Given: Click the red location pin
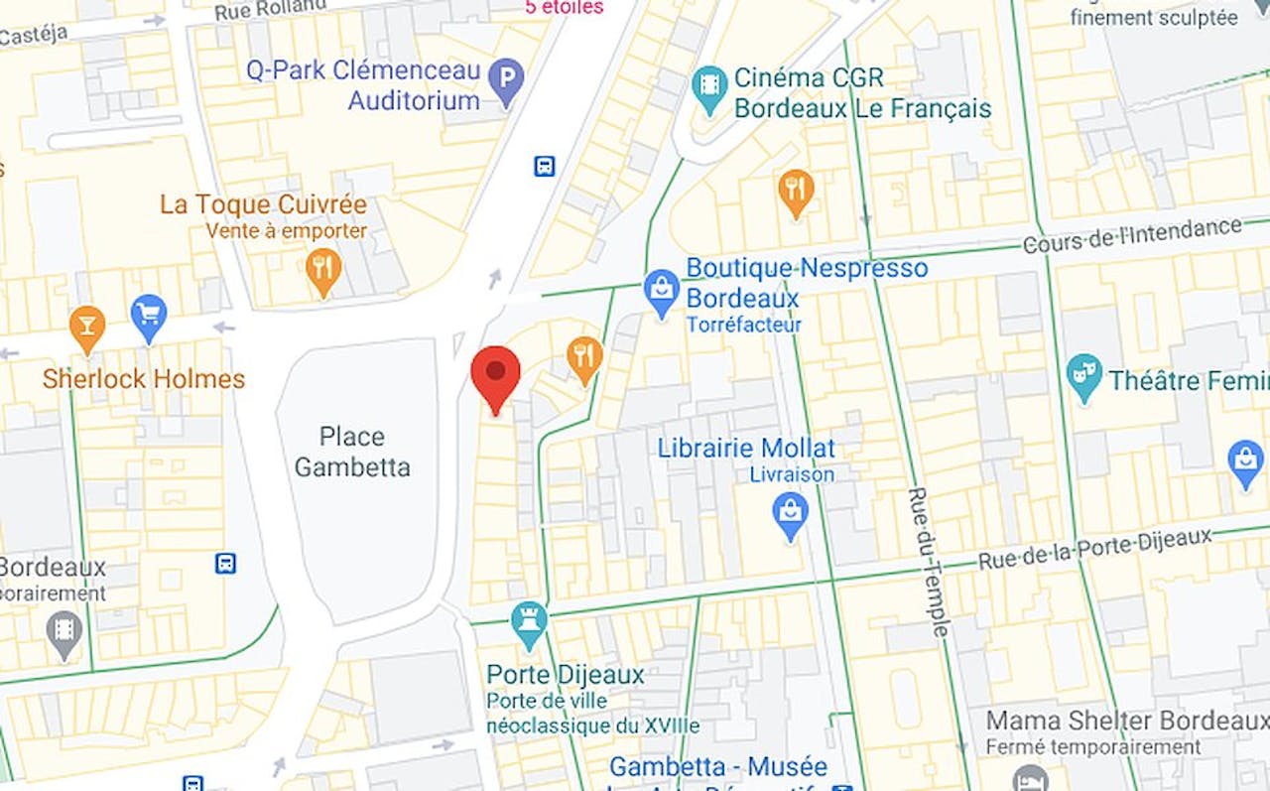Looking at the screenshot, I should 495,375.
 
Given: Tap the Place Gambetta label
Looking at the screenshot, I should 352,452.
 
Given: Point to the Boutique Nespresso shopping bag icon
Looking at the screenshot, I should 661,291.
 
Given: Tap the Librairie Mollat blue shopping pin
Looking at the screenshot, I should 790,514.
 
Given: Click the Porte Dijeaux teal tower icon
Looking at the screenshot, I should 529,622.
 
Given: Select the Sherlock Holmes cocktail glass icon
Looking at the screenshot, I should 87,327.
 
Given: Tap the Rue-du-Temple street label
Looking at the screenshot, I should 927,562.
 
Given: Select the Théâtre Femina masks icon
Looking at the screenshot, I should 1083,375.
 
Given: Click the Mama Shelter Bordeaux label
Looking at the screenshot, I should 1127,721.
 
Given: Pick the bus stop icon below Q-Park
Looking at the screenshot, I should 545,166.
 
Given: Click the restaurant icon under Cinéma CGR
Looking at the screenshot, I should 796,191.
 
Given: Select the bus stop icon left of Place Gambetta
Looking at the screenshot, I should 225,564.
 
